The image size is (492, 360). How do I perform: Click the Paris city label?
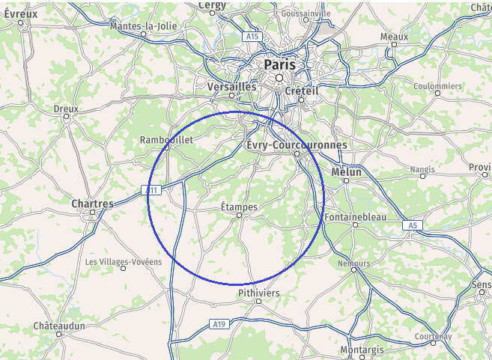click(279, 65)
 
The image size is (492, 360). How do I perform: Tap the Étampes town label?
click(239, 207)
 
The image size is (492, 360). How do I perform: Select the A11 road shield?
click(152, 191)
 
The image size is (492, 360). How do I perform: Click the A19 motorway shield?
click(218, 324)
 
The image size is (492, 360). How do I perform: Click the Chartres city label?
click(92, 203)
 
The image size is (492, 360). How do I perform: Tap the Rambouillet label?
click(166, 139)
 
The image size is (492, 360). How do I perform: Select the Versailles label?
click(231, 87)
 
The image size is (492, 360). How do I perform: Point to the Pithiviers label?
click(258, 293)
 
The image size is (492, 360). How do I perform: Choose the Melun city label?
click(346, 172)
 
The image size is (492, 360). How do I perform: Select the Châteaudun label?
click(58, 326)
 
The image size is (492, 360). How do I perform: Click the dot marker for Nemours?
click(355, 270)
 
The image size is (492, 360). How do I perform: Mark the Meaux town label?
click(394, 36)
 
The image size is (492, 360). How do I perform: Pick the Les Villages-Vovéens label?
click(123, 262)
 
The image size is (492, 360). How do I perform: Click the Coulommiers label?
click(437, 86)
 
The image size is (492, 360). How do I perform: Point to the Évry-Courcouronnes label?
click(297, 144)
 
